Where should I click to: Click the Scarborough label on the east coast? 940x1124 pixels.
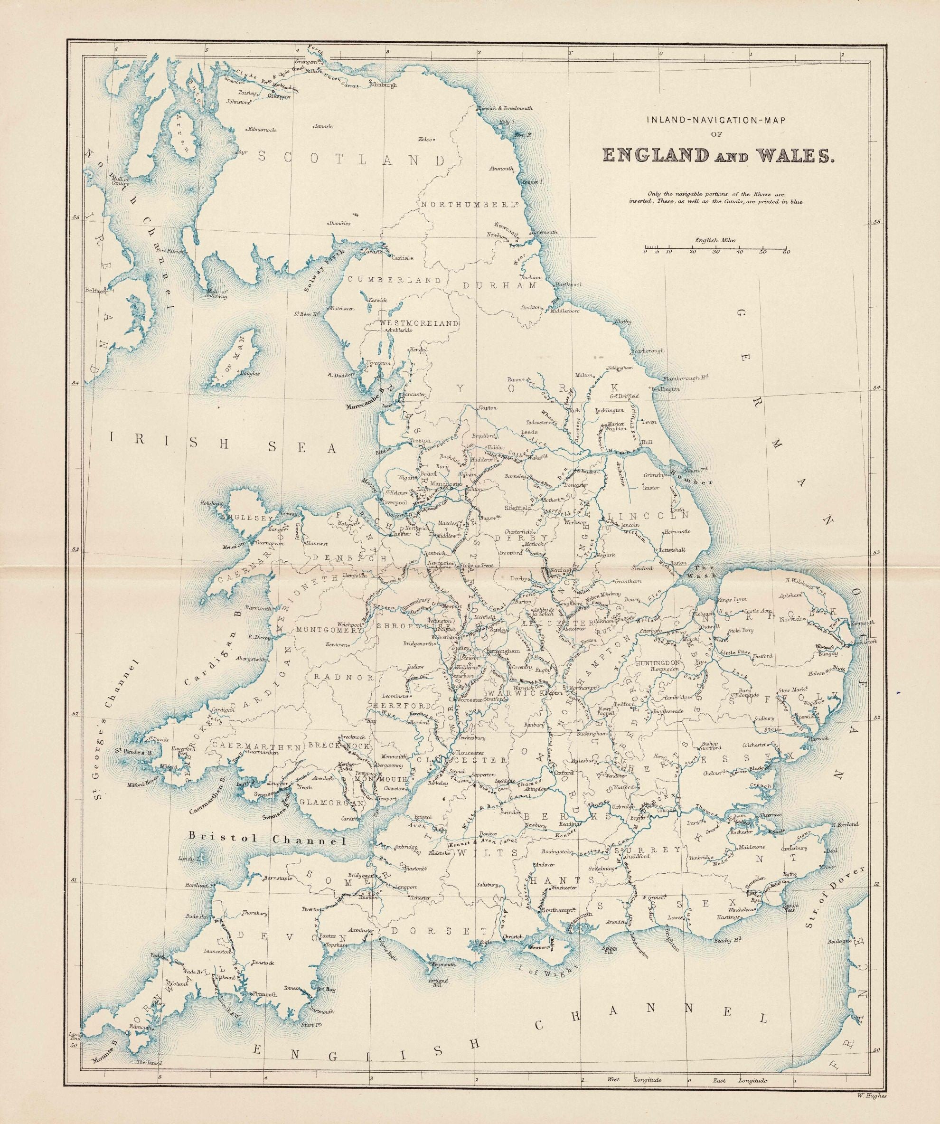(x=648, y=351)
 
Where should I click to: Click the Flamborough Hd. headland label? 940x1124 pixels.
(x=686, y=378)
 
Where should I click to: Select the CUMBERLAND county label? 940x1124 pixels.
(x=395, y=280)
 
